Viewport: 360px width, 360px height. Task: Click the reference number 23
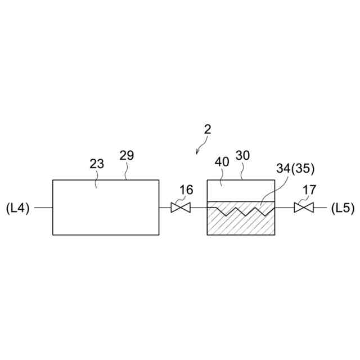(x=97, y=164)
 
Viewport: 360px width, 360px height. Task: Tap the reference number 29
(x=127, y=156)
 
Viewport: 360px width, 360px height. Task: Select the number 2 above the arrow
(x=208, y=129)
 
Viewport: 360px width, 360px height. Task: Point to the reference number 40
(x=222, y=162)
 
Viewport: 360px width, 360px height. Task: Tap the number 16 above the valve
(x=186, y=190)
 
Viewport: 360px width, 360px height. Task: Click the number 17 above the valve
(x=310, y=190)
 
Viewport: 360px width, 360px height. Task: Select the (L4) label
(x=17, y=208)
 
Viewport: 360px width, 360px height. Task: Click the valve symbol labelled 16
(x=181, y=208)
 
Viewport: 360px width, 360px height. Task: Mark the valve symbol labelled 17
(x=304, y=208)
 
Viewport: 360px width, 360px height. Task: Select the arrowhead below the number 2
(x=197, y=151)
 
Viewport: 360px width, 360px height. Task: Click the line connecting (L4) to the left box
(x=43, y=208)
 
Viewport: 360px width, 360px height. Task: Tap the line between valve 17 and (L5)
(x=319, y=208)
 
